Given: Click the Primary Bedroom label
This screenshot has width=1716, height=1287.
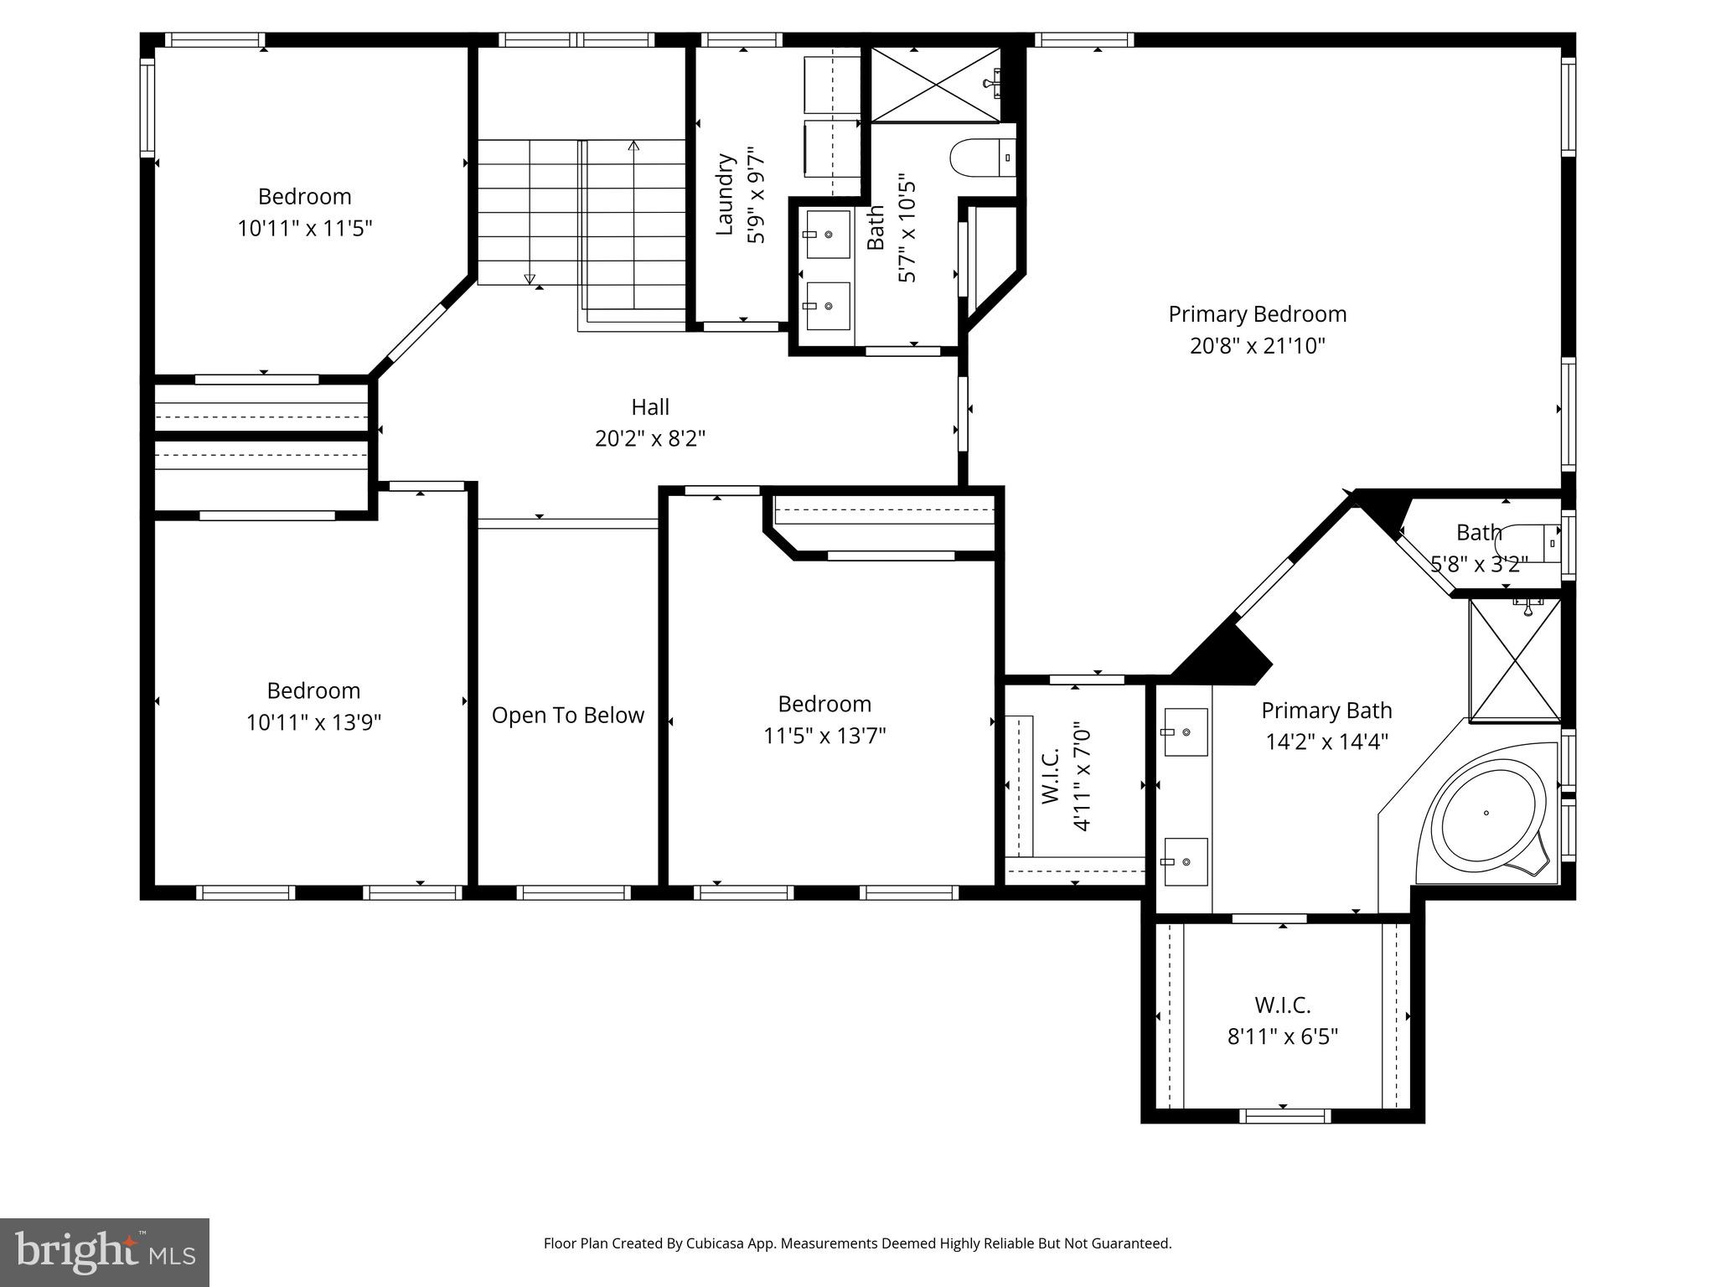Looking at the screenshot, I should (1257, 314).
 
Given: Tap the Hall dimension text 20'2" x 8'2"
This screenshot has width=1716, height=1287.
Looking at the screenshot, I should (650, 439).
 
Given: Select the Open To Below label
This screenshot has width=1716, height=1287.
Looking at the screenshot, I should (567, 716).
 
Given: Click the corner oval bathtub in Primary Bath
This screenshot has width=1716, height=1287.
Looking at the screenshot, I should (1487, 814).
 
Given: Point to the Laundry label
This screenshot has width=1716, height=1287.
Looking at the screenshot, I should (726, 194).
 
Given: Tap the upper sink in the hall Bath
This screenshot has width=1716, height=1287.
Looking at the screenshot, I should (828, 234).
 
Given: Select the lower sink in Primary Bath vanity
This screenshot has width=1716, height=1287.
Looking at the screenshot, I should (1185, 861).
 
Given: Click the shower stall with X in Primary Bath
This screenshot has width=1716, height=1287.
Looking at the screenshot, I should (1515, 660).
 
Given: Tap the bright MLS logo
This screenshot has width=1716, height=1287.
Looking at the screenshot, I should (105, 1252).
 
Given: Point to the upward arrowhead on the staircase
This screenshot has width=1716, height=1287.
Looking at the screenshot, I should (633, 146).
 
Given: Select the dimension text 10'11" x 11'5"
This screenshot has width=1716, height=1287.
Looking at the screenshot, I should (304, 228).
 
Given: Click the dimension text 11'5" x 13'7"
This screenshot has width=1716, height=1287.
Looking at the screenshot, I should (824, 736).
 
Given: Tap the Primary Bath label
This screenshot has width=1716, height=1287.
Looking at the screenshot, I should (1326, 711).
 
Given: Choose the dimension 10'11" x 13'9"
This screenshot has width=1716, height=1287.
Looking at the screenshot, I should (313, 722).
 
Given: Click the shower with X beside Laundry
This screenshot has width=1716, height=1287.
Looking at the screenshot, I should (936, 85).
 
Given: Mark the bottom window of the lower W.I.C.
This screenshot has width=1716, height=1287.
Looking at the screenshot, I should (1284, 1115).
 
